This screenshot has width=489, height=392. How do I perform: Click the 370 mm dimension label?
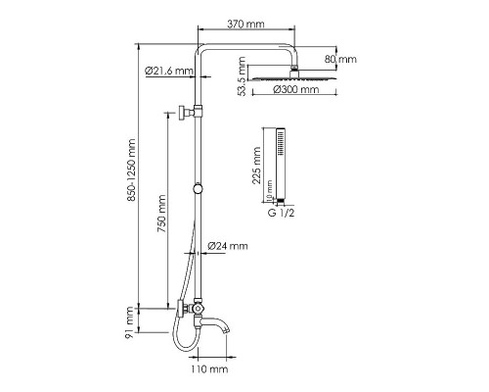point(245,24)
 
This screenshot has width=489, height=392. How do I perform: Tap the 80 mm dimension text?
point(340,59)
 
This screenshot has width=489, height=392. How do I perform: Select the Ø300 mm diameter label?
point(296,89)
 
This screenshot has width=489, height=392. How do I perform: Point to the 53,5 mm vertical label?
point(242,76)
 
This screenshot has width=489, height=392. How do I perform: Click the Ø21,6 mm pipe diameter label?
point(169,71)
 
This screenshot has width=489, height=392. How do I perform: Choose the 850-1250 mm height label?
point(131,171)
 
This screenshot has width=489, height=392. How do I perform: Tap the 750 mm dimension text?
point(161,214)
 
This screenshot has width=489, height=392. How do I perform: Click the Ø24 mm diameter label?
point(228,246)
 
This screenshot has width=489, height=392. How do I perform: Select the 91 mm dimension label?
point(130,322)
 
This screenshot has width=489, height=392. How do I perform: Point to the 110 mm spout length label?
point(209,369)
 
